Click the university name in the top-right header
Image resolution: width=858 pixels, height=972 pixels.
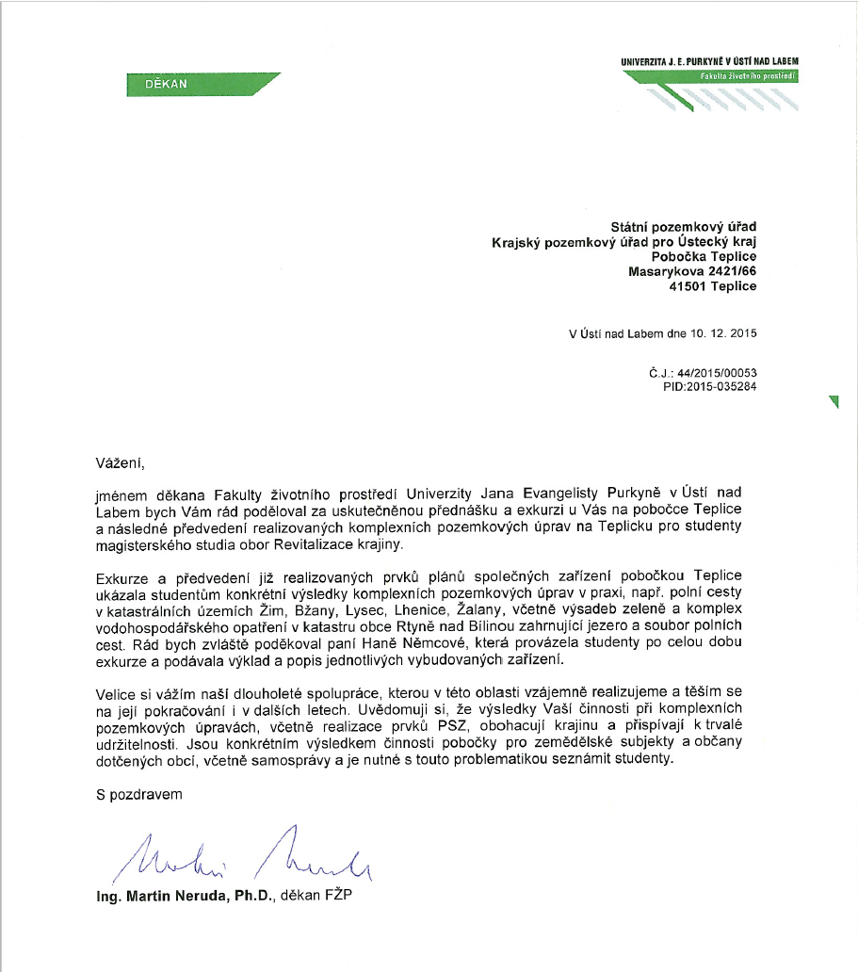[709, 62]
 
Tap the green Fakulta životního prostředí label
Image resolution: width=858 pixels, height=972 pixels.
[748, 75]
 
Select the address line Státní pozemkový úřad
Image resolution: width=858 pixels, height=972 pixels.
[684, 226]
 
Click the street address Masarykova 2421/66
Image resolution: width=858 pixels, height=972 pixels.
[692, 271]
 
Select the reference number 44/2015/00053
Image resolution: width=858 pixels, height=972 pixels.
[716, 373]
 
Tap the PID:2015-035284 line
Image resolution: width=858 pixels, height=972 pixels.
[710, 386]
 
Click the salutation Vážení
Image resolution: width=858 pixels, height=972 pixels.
[121, 462]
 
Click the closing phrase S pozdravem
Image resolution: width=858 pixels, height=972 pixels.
[138, 794]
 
